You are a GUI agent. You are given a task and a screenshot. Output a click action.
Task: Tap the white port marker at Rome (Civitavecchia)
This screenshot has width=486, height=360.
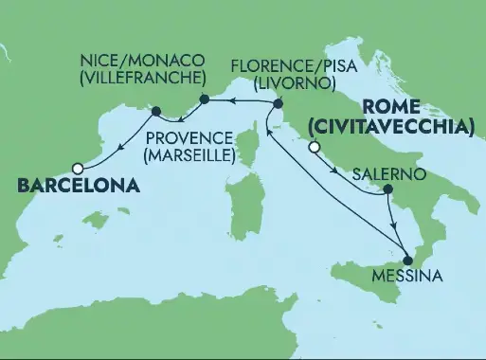point(313,146)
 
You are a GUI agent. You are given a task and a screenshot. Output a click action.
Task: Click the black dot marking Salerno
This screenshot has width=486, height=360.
point(387,190)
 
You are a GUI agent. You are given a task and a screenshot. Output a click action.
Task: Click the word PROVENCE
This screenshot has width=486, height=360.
point(189,135)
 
